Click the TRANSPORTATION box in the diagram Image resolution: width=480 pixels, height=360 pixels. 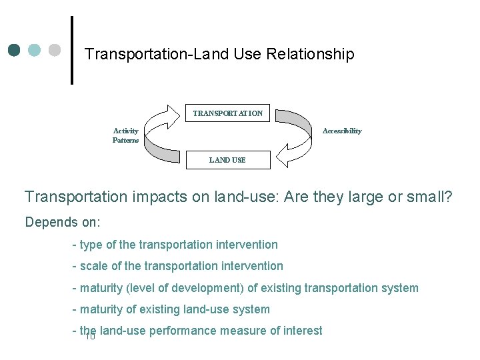point(227,113)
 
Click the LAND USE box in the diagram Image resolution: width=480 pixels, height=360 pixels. point(227,160)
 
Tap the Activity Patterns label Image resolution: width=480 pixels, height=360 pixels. point(125,136)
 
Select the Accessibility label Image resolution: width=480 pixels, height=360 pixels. point(342,131)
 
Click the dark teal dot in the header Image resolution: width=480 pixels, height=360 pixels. point(15,50)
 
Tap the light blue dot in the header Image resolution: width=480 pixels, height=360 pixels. point(35,50)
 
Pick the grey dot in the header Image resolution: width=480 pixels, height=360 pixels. point(55,50)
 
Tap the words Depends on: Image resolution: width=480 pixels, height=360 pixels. point(62,222)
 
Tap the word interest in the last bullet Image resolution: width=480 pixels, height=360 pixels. point(303,331)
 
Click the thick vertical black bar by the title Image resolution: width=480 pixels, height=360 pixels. point(71,50)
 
